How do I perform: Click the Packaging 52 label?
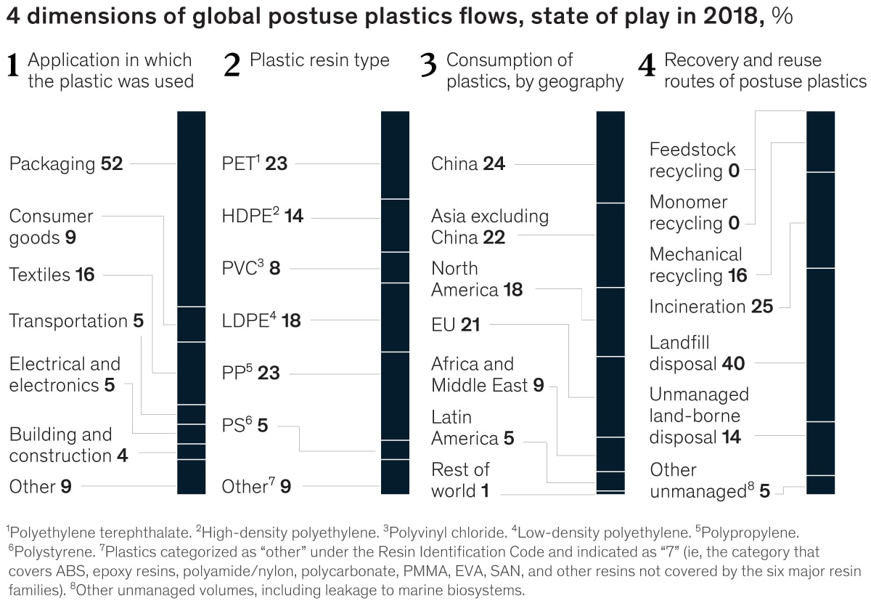[x=66, y=164]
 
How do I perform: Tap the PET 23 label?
[x=254, y=164]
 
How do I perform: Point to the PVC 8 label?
[x=250, y=268]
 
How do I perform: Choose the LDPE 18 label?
[x=261, y=320]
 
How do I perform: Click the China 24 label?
[x=467, y=164]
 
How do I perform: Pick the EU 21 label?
[x=455, y=325]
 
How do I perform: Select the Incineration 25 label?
[x=711, y=307]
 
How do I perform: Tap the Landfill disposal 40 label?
[x=697, y=353]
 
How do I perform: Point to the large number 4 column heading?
[x=646, y=67]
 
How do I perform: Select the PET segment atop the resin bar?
[x=395, y=155]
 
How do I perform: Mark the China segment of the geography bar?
[x=610, y=156]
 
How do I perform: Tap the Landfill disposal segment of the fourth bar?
[x=820, y=345]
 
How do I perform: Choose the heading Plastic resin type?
[x=319, y=60]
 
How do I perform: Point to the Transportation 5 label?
[x=76, y=321]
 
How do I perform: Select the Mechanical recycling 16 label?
[x=697, y=265]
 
